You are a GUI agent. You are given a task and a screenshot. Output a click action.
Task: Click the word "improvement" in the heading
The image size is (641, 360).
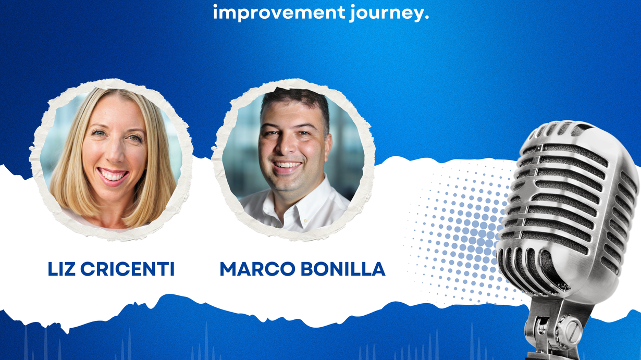point(279,13)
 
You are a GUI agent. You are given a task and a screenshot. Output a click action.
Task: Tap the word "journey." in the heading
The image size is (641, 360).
point(389,13)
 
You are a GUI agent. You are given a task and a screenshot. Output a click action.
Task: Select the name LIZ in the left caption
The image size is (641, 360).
point(61,269)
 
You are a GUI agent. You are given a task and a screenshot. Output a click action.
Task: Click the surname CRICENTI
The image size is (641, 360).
point(127,269)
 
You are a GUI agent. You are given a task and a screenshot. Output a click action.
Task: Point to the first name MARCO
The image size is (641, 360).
point(257,269)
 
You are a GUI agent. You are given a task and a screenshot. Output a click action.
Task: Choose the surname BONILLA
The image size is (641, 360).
point(343,269)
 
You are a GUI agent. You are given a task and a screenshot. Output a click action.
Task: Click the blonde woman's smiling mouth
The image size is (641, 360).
point(113,175)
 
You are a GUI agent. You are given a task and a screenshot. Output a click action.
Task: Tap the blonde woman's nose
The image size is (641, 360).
point(115,155)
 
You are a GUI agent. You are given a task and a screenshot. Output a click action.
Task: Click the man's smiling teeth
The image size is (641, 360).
point(287,165)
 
